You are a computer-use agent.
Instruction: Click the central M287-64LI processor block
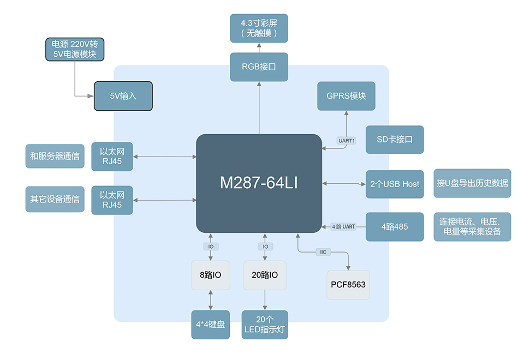(259, 183)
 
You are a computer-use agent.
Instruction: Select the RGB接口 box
(259, 67)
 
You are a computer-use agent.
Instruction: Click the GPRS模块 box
(346, 96)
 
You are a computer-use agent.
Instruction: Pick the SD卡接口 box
(394, 140)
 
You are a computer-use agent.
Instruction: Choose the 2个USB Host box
(394, 184)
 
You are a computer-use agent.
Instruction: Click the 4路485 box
(394, 227)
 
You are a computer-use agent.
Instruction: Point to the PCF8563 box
(348, 285)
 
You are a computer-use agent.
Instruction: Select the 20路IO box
(265, 275)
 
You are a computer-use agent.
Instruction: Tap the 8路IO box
(210, 275)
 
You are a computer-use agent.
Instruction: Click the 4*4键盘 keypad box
(210, 325)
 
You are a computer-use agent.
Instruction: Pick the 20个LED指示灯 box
(265, 325)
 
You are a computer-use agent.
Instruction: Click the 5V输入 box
(123, 96)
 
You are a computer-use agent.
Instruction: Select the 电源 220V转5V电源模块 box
(74, 49)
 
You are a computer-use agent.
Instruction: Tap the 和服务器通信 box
(55, 157)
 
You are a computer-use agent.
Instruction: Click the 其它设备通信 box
(55, 199)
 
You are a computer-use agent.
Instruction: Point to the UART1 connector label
(347, 141)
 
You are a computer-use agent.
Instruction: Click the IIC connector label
(323, 252)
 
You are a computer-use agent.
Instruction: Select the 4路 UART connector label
(343, 226)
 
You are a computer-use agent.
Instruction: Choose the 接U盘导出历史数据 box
(472, 183)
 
